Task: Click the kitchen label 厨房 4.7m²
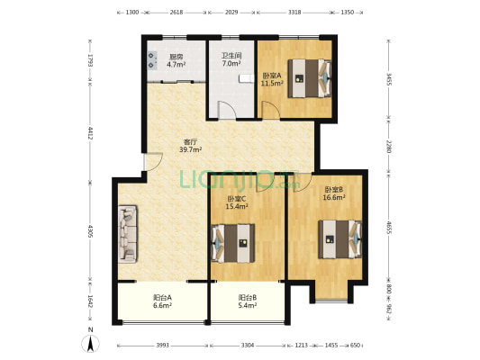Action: tap(176, 60)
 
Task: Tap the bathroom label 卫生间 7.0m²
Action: tap(231, 59)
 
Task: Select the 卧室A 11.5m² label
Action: tap(272, 79)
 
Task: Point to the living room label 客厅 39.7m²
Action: tap(190, 146)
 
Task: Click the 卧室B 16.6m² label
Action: tap(334, 193)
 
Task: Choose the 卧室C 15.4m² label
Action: tap(237, 202)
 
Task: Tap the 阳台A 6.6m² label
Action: tap(162, 301)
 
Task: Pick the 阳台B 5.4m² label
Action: tap(248, 301)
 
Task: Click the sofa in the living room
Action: tap(128, 234)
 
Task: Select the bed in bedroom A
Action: tap(310, 78)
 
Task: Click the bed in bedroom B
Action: tap(340, 239)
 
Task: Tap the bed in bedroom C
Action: tap(233, 243)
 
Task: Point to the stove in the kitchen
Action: tap(152, 60)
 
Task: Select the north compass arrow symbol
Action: tap(90, 343)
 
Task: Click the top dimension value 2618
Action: tap(177, 13)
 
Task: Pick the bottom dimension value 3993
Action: tap(162, 346)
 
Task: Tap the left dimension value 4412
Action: tap(90, 133)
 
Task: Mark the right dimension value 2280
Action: tap(389, 147)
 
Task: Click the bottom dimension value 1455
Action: tap(331, 346)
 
